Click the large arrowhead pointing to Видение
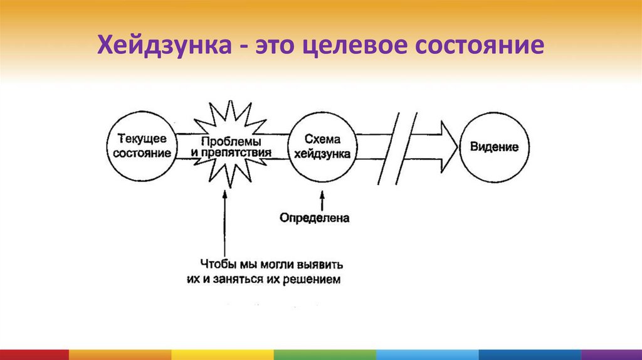[x=446, y=147]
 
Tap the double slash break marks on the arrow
[x=396, y=148]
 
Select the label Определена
[x=314, y=218]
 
